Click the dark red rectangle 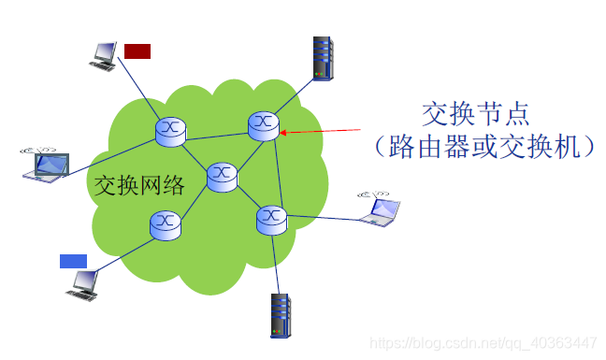tap(137, 50)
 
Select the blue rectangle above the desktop tap(73, 261)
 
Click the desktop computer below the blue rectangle tap(82, 283)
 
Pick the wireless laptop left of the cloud tap(49, 164)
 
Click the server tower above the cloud tap(323, 57)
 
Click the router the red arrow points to tap(264, 125)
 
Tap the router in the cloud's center tap(222, 175)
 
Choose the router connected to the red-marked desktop tap(171, 130)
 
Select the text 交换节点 tap(476, 114)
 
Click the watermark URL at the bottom tap(483, 342)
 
